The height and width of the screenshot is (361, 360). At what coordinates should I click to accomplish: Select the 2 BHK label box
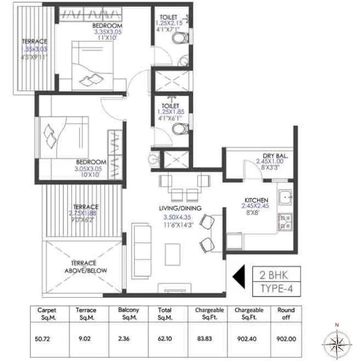[277, 273]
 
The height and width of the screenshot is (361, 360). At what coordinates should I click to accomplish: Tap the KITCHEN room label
[257, 200]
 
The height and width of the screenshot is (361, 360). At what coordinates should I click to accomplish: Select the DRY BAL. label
[274, 157]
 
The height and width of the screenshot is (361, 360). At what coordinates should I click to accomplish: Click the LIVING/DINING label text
[180, 208]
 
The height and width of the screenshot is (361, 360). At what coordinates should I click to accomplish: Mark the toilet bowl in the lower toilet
[178, 130]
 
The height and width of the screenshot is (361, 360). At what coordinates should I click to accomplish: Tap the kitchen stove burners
[286, 222]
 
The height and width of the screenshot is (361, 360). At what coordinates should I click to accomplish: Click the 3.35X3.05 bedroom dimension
[108, 32]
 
